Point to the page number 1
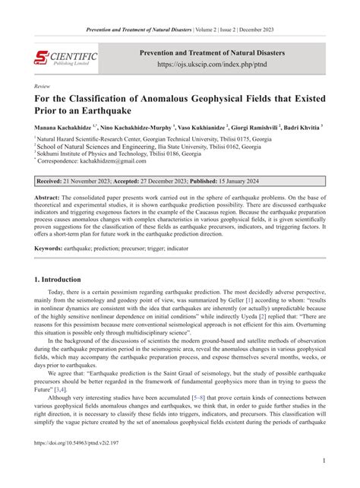[x=324, y=461]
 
